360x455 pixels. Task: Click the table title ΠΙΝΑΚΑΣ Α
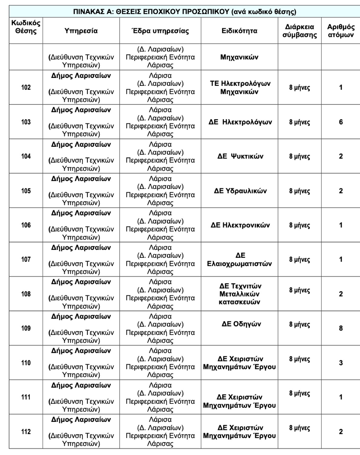click(x=184, y=12)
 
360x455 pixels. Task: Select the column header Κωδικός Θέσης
click(x=26, y=27)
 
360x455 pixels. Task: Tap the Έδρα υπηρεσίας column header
click(x=160, y=31)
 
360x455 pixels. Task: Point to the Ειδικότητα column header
click(x=239, y=31)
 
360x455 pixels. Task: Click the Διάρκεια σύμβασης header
click(x=299, y=31)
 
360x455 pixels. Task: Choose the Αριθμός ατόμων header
click(x=341, y=31)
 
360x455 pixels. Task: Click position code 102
click(x=26, y=87)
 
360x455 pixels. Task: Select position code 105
click(x=26, y=191)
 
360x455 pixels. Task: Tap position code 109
click(x=26, y=328)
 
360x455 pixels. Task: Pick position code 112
click(x=26, y=431)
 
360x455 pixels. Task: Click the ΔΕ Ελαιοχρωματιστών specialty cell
click(x=239, y=259)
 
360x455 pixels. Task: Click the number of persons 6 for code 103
click(x=341, y=122)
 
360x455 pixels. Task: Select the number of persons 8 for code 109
click(x=341, y=328)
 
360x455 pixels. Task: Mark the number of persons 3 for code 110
click(x=341, y=363)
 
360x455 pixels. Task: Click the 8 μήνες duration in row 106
click(x=299, y=225)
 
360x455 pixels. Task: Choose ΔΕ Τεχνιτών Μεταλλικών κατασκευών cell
click(x=239, y=294)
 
